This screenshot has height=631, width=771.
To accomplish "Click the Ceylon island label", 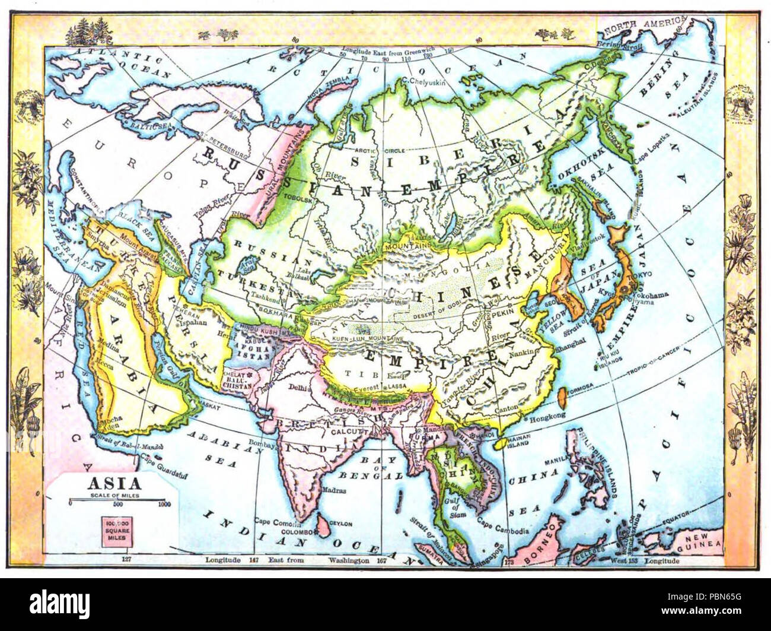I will pyautogui.click(x=341, y=524).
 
